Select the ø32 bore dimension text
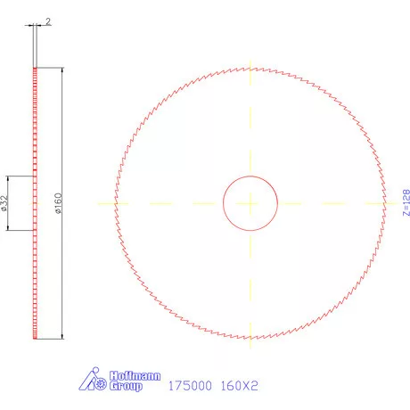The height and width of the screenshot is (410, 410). pos(5,203)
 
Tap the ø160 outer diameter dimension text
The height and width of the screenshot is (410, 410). pos(58,203)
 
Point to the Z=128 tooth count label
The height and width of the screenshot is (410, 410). pos(406,203)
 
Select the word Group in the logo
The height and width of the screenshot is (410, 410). pos(127,388)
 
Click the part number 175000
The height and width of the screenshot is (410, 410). pos(188,387)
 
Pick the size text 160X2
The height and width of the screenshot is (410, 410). pos(238,387)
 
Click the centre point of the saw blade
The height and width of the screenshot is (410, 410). pos(250,203)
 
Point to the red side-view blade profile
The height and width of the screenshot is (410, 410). pos(36,267)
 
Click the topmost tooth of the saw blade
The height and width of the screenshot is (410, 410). pos(250,68)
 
